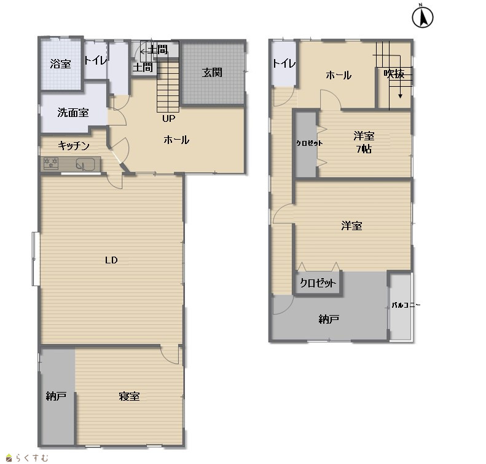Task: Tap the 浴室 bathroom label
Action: [x=60, y=64]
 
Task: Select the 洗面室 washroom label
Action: [x=73, y=113]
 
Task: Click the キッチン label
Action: [x=74, y=145]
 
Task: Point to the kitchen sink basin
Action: [x=85, y=164]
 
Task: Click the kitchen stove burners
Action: [x=51, y=163]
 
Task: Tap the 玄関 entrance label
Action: [x=213, y=73]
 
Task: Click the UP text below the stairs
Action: [x=169, y=118]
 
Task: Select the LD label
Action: [x=111, y=260]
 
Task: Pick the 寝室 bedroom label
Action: [x=129, y=396]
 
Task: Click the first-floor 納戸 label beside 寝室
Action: [x=56, y=396]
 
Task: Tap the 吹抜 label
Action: [x=394, y=74]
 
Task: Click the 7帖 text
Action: [x=364, y=149]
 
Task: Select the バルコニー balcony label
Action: [x=406, y=305]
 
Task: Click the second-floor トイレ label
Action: [x=284, y=63]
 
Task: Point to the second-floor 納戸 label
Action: [x=329, y=319]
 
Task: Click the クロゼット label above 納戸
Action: [x=318, y=282]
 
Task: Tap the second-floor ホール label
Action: [x=339, y=75]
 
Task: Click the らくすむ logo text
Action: [x=32, y=458]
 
